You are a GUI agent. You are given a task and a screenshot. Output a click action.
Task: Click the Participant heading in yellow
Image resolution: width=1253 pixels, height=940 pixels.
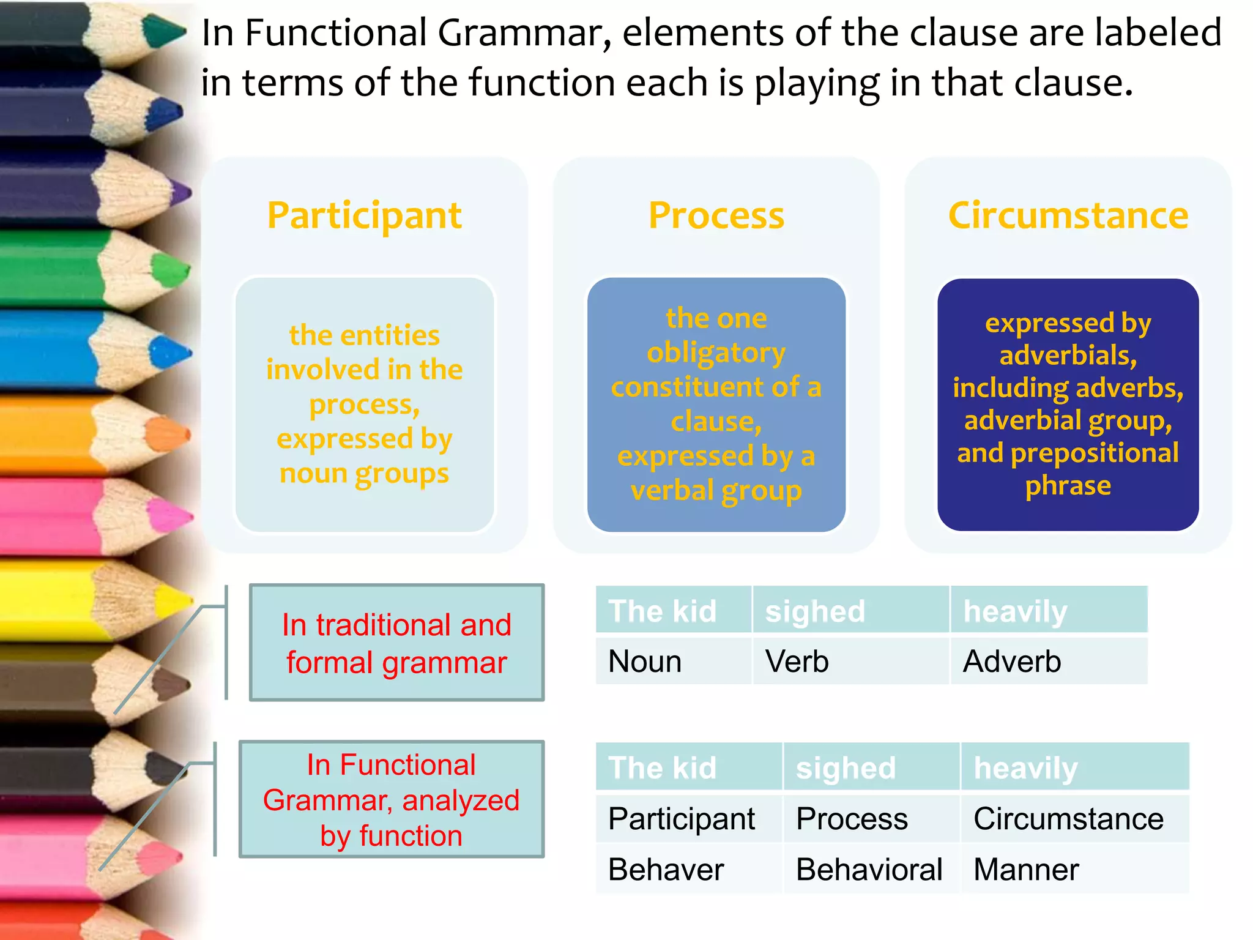365,215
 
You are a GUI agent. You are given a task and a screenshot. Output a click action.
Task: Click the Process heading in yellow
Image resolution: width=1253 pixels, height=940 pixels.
716,215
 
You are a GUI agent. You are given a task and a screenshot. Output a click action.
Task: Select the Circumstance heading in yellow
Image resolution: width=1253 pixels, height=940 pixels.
1068,215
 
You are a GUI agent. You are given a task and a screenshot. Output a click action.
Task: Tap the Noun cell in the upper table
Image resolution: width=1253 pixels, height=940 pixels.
645,662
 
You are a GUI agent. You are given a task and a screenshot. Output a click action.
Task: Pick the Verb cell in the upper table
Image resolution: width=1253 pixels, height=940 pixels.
797,662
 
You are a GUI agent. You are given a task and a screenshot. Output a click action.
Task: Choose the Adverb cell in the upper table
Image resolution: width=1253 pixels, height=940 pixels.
1012,662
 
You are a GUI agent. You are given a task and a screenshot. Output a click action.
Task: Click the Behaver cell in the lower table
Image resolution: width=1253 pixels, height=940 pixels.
666,870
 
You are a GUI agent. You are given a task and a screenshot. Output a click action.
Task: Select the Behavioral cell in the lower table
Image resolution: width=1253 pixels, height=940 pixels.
869,870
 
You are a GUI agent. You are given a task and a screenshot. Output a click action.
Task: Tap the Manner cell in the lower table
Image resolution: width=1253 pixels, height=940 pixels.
1026,870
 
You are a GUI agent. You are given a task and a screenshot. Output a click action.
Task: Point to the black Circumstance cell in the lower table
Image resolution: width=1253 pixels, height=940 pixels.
1068,819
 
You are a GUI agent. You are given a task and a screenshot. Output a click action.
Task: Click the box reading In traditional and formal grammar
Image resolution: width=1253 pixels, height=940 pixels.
396,643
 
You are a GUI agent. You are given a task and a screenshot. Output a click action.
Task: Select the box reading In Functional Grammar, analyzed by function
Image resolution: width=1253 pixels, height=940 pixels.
392,799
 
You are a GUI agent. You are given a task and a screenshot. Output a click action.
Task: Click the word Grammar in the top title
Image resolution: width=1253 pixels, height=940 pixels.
524,33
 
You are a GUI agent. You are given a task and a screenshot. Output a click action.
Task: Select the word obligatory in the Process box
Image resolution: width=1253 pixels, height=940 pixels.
716,353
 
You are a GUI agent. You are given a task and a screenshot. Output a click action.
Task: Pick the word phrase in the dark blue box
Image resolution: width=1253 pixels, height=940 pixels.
1068,486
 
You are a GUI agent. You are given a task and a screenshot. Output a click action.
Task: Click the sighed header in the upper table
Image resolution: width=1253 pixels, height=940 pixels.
815,611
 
